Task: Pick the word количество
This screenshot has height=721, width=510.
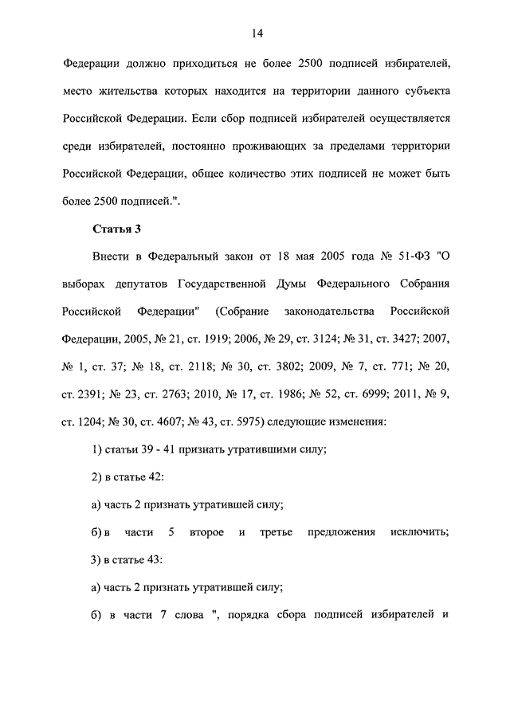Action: click(x=244, y=174)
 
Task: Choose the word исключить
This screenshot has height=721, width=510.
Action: click(x=421, y=531)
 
